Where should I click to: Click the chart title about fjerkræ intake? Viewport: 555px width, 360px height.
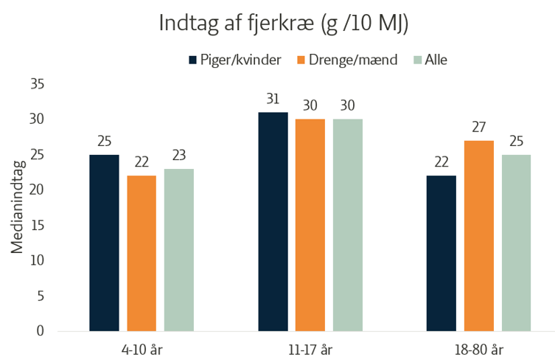[x=284, y=23]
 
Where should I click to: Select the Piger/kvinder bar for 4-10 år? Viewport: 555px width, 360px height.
[x=104, y=243]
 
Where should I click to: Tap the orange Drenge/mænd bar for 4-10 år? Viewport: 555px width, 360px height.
[x=142, y=253]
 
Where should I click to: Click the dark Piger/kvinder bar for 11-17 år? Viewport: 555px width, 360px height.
[x=273, y=221]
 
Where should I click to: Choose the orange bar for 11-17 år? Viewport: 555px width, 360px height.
[x=310, y=225]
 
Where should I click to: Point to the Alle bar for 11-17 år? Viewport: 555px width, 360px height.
[x=348, y=225]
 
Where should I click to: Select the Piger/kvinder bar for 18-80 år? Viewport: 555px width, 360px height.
[x=441, y=253]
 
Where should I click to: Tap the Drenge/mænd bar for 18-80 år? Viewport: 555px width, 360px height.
[x=479, y=235]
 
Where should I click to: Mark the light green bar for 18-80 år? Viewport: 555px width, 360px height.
[x=517, y=243]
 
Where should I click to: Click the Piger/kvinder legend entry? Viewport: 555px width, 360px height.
[x=235, y=60]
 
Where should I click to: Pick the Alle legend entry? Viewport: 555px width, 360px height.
[x=431, y=60]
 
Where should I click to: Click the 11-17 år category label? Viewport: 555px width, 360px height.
[x=310, y=347]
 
